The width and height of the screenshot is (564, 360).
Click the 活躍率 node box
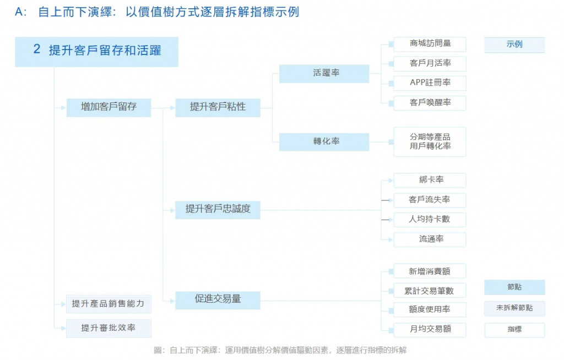324,74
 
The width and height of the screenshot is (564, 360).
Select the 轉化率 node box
324,141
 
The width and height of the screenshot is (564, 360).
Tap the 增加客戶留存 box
109,107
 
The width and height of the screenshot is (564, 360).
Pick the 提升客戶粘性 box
218,107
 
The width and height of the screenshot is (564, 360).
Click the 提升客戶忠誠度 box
218,209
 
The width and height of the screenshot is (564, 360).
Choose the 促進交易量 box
218,299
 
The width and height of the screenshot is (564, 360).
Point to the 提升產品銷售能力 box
109,303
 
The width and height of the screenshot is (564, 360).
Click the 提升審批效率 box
109,328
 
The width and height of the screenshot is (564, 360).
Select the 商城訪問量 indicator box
430,44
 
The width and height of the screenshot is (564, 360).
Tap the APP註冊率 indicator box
430,83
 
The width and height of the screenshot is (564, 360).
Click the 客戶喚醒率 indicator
430,103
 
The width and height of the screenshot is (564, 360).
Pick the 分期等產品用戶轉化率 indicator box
430,141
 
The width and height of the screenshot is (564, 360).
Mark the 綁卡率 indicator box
430,180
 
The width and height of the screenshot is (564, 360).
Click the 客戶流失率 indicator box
430,200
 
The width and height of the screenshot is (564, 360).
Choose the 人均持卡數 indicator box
430,220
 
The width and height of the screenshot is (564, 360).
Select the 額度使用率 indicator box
430,310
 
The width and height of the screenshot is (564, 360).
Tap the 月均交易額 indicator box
430,330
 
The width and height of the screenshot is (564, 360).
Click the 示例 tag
514,45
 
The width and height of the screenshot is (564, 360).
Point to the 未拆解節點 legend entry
514,308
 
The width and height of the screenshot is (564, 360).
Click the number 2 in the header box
37,50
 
